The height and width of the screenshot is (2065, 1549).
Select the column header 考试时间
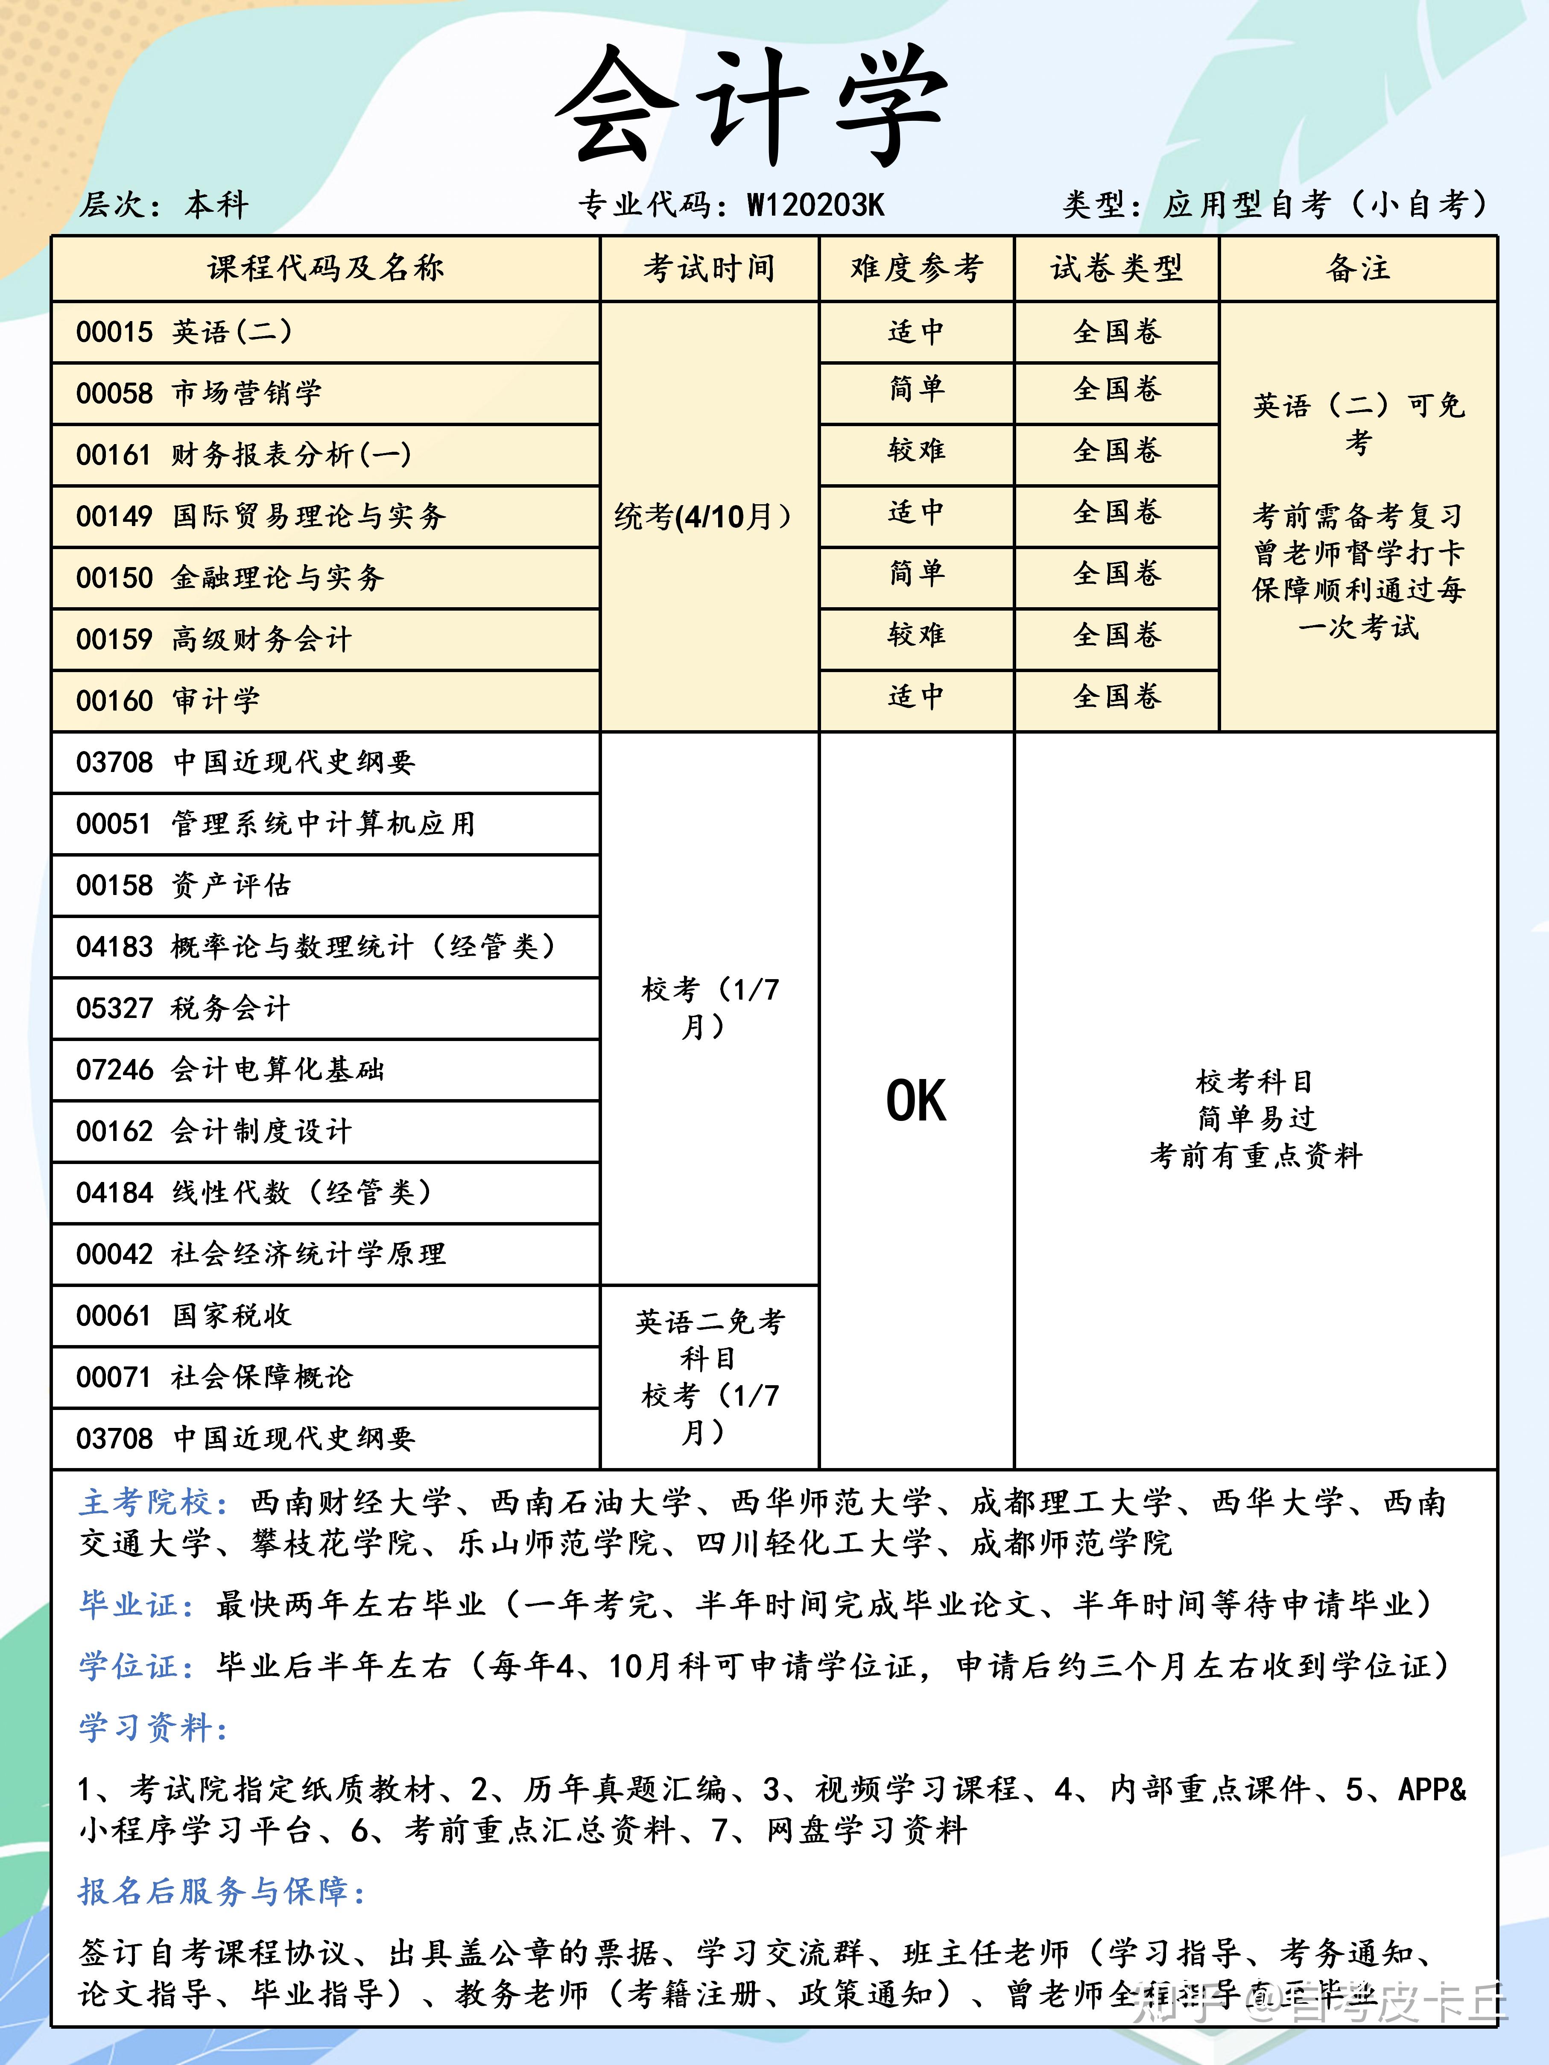coord(709,269)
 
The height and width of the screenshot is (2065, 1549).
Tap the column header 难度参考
coord(916,269)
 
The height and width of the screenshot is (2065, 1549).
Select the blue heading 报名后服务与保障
coord(221,1891)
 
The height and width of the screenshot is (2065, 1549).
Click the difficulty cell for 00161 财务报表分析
coord(916,451)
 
